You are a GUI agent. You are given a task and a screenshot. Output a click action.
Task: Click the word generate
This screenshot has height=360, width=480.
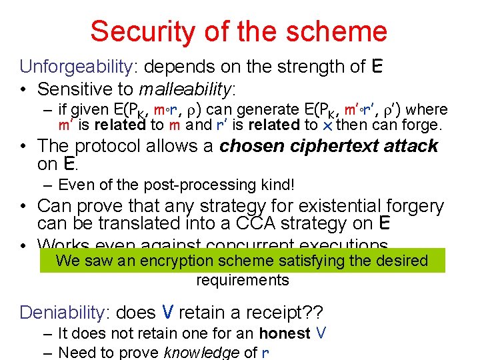pos(267,109)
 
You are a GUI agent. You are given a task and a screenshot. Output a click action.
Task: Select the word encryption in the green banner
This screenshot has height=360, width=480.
pos(211,261)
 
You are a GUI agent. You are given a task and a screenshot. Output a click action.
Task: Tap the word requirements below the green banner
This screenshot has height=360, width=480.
pos(243,280)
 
